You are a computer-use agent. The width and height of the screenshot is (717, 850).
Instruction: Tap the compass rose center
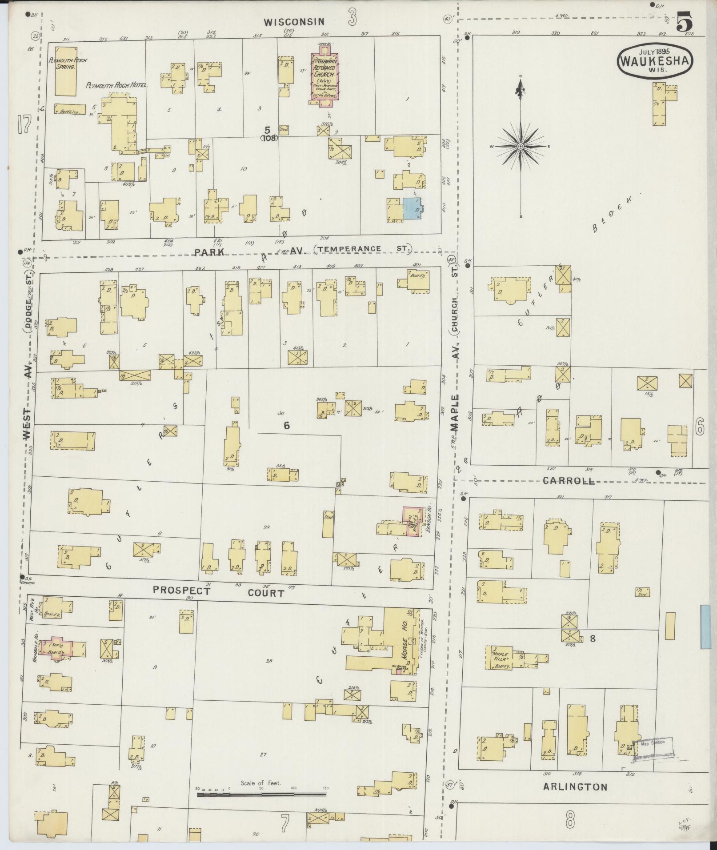tap(520, 146)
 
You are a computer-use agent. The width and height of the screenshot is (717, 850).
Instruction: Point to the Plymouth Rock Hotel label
tap(116, 85)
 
